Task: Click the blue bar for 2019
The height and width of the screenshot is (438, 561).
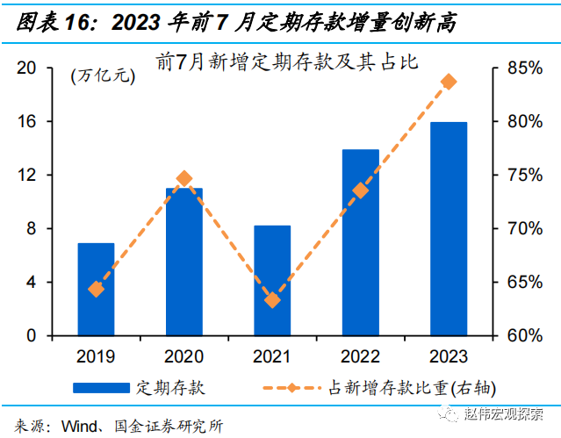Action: point(96,290)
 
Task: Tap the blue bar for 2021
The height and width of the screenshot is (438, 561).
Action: point(272,281)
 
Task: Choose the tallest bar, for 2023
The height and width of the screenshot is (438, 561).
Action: point(449,228)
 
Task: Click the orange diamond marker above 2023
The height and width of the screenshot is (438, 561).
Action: point(449,82)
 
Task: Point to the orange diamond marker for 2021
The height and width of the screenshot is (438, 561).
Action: point(272,300)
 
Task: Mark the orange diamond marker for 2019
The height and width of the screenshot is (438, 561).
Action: point(96,289)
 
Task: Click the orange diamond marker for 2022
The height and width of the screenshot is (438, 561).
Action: point(360,190)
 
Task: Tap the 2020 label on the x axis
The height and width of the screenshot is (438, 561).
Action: point(183,357)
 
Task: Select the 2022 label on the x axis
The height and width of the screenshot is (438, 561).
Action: point(360,357)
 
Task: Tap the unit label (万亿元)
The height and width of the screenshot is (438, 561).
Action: point(103,75)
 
